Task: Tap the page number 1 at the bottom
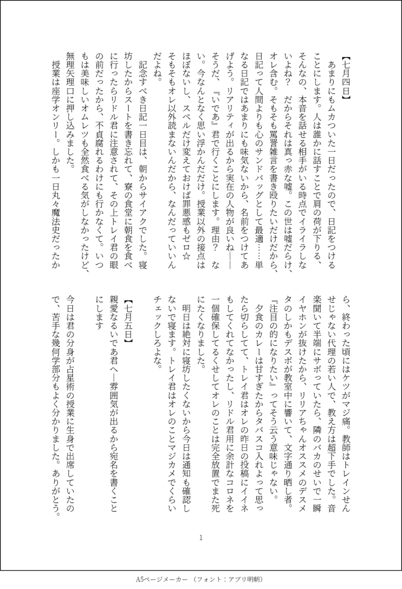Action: pos(200,537)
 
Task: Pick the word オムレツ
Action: pos(85,146)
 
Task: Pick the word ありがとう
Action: pos(56,491)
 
